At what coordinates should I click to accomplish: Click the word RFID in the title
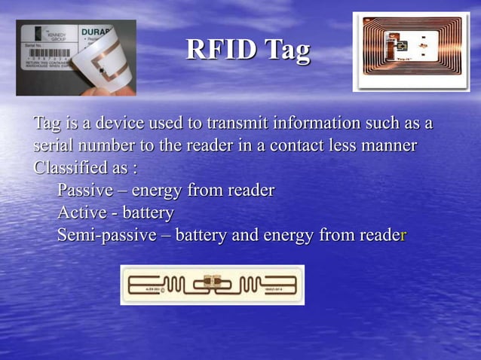tap(222, 51)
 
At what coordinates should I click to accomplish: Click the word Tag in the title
tap(287, 51)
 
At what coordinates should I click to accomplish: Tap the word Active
tap(81, 212)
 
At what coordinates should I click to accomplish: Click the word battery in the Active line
tap(148, 212)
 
